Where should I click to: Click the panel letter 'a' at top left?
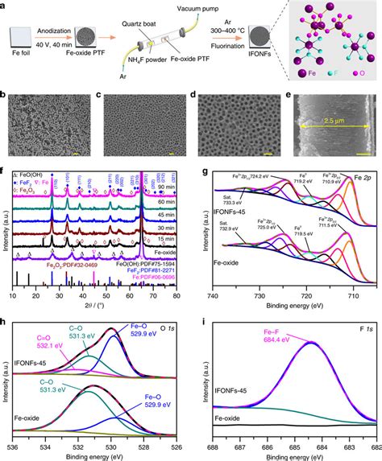coord(5,6)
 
